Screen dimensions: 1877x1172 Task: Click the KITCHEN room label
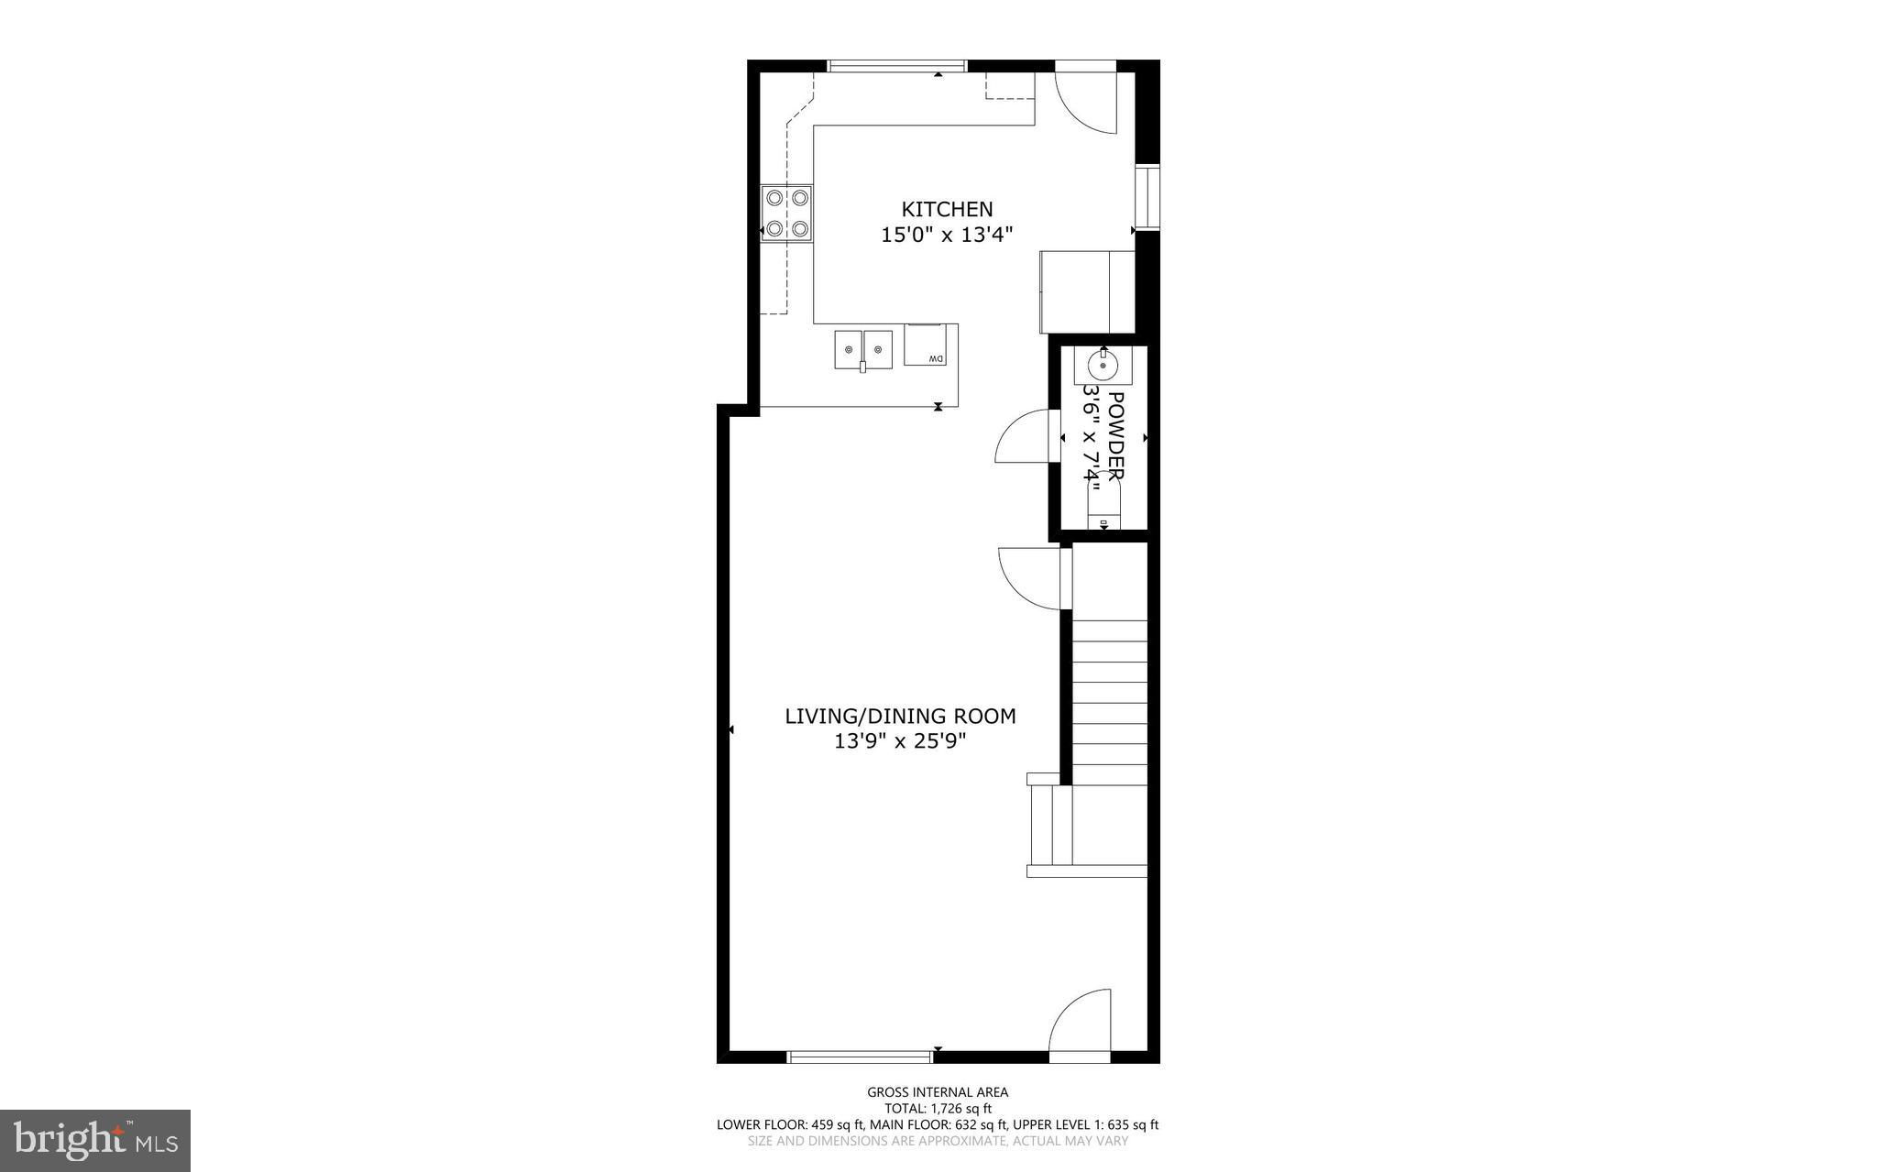pyautogui.click(x=947, y=209)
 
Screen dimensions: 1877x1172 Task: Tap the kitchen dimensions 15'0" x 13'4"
pyautogui.click(x=947, y=235)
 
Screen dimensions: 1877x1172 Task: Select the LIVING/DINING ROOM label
pyautogui.click(x=900, y=716)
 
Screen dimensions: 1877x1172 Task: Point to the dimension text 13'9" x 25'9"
pyautogui.click(x=900, y=740)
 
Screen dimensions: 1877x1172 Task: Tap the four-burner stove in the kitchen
pyautogui.click(x=787, y=213)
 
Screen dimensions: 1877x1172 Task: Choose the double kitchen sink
pyautogui.click(x=863, y=350)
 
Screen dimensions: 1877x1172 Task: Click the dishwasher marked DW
pyautogui.click(x=925, y=345)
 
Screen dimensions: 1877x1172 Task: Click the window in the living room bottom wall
pyautogui.click(x=860, y=1057)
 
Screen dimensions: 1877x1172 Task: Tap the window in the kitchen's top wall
pyautogui.click(x=897, y=66)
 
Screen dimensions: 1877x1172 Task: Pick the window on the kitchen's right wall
pyautogui.click(x=1147, y=197)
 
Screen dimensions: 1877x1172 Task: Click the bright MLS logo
pyautogui.click(x=95, y=1140)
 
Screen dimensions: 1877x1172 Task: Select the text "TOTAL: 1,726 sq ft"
pyautogui.click(x=938, y=1108)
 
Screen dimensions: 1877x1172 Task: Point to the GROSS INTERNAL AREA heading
pyautogui.click(x=938, y=1091)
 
